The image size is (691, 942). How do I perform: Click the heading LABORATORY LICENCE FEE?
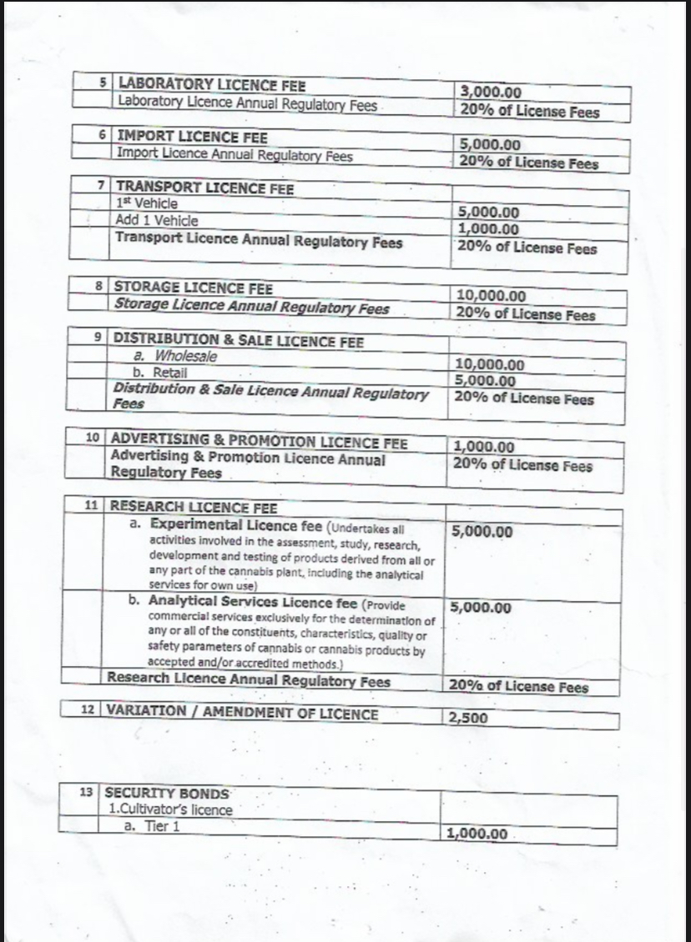pyautogui.click(x=212, y=85)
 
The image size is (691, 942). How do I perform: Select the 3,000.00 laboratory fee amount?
pyautogui.click(x=490, y=93)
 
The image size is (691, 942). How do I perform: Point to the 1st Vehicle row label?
pyautogui.click(x=148, y=203)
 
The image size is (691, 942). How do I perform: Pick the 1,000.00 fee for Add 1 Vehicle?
pyautogui.click(x=488, y=229)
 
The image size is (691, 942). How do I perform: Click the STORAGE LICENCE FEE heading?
pyautogui.click(x=193, y=288)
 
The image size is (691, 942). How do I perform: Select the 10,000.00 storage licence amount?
pyautogui.click(x=492, y=296)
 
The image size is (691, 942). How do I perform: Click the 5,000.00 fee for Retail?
pyautogui.click(x=487, y=381)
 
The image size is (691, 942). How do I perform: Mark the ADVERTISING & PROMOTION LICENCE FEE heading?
pyautogui.click(x=259, y=440)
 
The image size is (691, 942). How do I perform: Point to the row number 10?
pyautogui.click(x=93, y=438)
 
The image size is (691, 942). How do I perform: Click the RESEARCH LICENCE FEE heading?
pyautogui.click(x=194, y=507)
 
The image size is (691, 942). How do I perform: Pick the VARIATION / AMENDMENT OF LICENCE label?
pyautogui.click(x=240, y=714)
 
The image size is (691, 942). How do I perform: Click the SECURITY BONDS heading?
pyautogui.click(x=166, y=794)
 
